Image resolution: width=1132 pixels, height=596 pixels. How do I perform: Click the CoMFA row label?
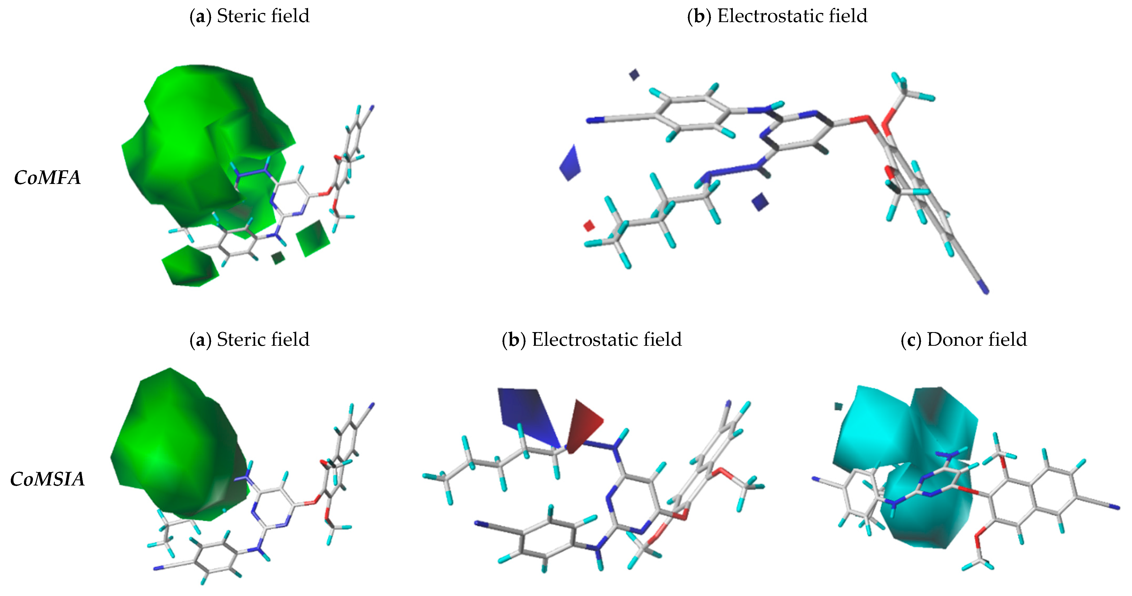pos(47,177)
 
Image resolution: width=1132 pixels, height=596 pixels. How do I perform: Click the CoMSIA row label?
pos(47,479)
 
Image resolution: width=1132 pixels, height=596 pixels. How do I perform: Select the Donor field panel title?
pos(964,339)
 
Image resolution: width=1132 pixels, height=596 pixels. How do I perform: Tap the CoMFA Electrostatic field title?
pos(777,16)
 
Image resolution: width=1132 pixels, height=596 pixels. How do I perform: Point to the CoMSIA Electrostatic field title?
pos(591,339)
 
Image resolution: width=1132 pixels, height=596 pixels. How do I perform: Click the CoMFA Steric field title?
pos(249,16)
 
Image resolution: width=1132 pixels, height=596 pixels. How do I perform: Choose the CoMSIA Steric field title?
pos(249,339)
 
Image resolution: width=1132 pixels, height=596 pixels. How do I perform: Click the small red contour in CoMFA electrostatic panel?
pos(589,226)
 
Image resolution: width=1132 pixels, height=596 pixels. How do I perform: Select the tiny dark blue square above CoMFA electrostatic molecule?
pos(634,75)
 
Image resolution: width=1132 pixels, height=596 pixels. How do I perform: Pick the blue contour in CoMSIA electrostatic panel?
pos(527,413)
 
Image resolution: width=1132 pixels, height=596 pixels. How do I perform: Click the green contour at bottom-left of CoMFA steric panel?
pos(190,266)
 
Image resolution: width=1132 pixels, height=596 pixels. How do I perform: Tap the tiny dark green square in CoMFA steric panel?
pos(278,258)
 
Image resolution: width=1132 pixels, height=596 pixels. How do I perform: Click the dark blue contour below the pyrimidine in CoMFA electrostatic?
pos(760,202)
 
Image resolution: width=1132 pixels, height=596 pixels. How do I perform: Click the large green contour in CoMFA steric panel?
pos(189,145)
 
